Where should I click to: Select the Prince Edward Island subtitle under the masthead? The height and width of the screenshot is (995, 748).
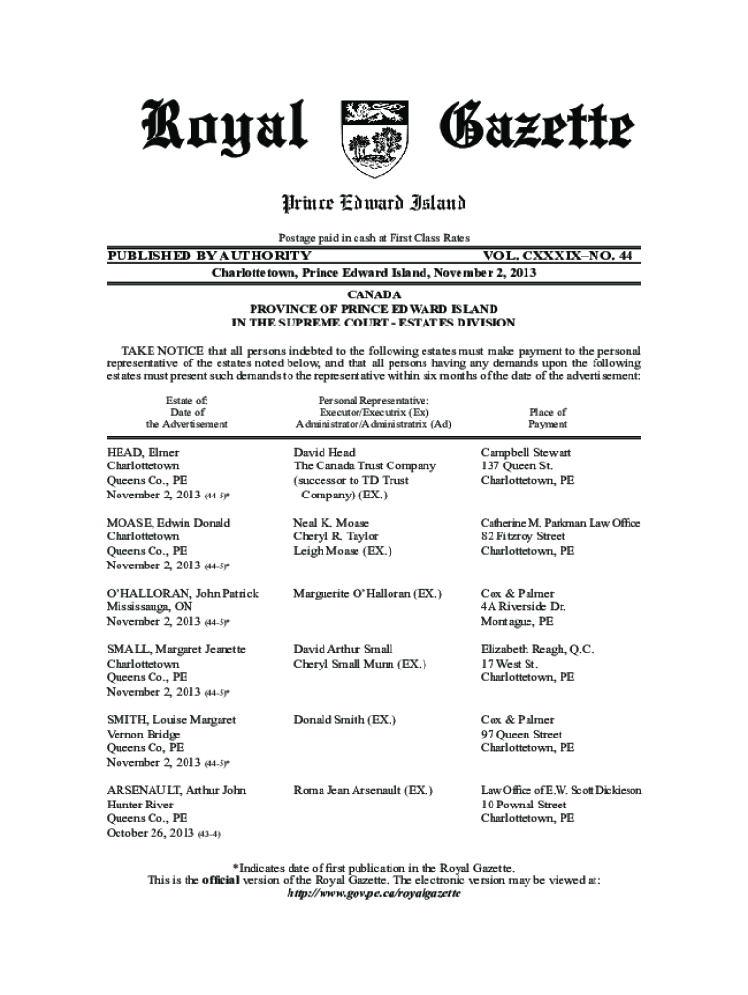(x=374, y=203)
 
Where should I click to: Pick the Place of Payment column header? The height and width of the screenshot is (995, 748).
(x=548, y=418)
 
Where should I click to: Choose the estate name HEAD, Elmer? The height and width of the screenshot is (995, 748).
(x=142, y=452)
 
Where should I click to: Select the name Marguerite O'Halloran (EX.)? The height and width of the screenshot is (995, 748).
(x=367, y=593)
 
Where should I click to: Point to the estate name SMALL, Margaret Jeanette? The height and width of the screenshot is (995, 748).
(x=176, y=649)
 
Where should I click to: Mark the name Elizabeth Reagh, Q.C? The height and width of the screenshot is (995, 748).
(x=537, y=649)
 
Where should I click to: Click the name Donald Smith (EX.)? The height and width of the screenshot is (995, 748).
(x=345, y=720)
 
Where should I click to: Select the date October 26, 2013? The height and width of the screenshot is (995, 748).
(x=150, y=833)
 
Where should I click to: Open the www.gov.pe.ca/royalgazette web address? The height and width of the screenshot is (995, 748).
(x=374, y=894)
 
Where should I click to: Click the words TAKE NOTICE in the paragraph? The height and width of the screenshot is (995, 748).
(x=155, y=349)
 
